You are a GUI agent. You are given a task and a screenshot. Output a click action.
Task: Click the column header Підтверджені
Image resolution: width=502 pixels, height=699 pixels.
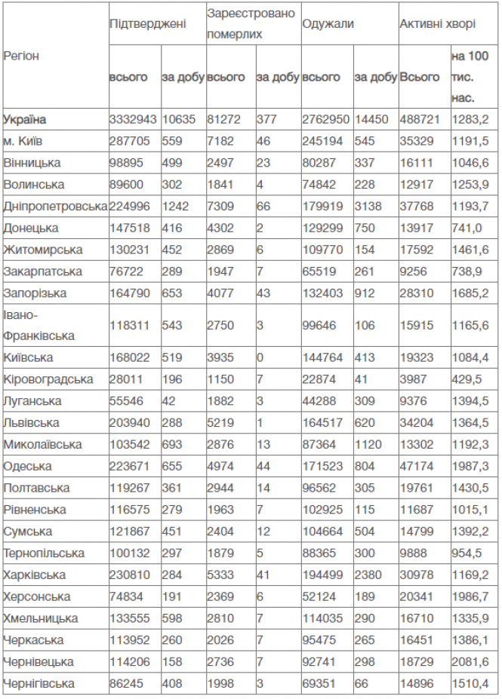click(x=147, y=23)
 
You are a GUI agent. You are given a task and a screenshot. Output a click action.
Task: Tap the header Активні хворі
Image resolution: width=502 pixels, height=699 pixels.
click(x=437, y=23)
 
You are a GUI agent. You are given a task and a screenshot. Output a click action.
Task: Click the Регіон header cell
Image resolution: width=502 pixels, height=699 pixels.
click(x=22, y=56)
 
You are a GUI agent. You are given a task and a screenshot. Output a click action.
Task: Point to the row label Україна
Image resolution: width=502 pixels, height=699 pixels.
click(x=25, y=119)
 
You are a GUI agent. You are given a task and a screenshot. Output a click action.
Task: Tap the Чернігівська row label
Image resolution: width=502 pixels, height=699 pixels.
click(x=39, y=684)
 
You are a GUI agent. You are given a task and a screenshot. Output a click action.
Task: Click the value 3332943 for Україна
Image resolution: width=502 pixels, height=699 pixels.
click(x=133, y=119)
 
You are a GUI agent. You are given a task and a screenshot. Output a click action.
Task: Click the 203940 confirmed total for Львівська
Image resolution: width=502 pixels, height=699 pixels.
click(x=130, y=423)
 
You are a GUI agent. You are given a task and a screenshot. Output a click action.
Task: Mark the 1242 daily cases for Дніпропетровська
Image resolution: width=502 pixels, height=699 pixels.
click(x=175, y=207)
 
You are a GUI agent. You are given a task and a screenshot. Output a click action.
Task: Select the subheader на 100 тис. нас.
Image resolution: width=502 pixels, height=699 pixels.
click(x=470, y=77)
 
